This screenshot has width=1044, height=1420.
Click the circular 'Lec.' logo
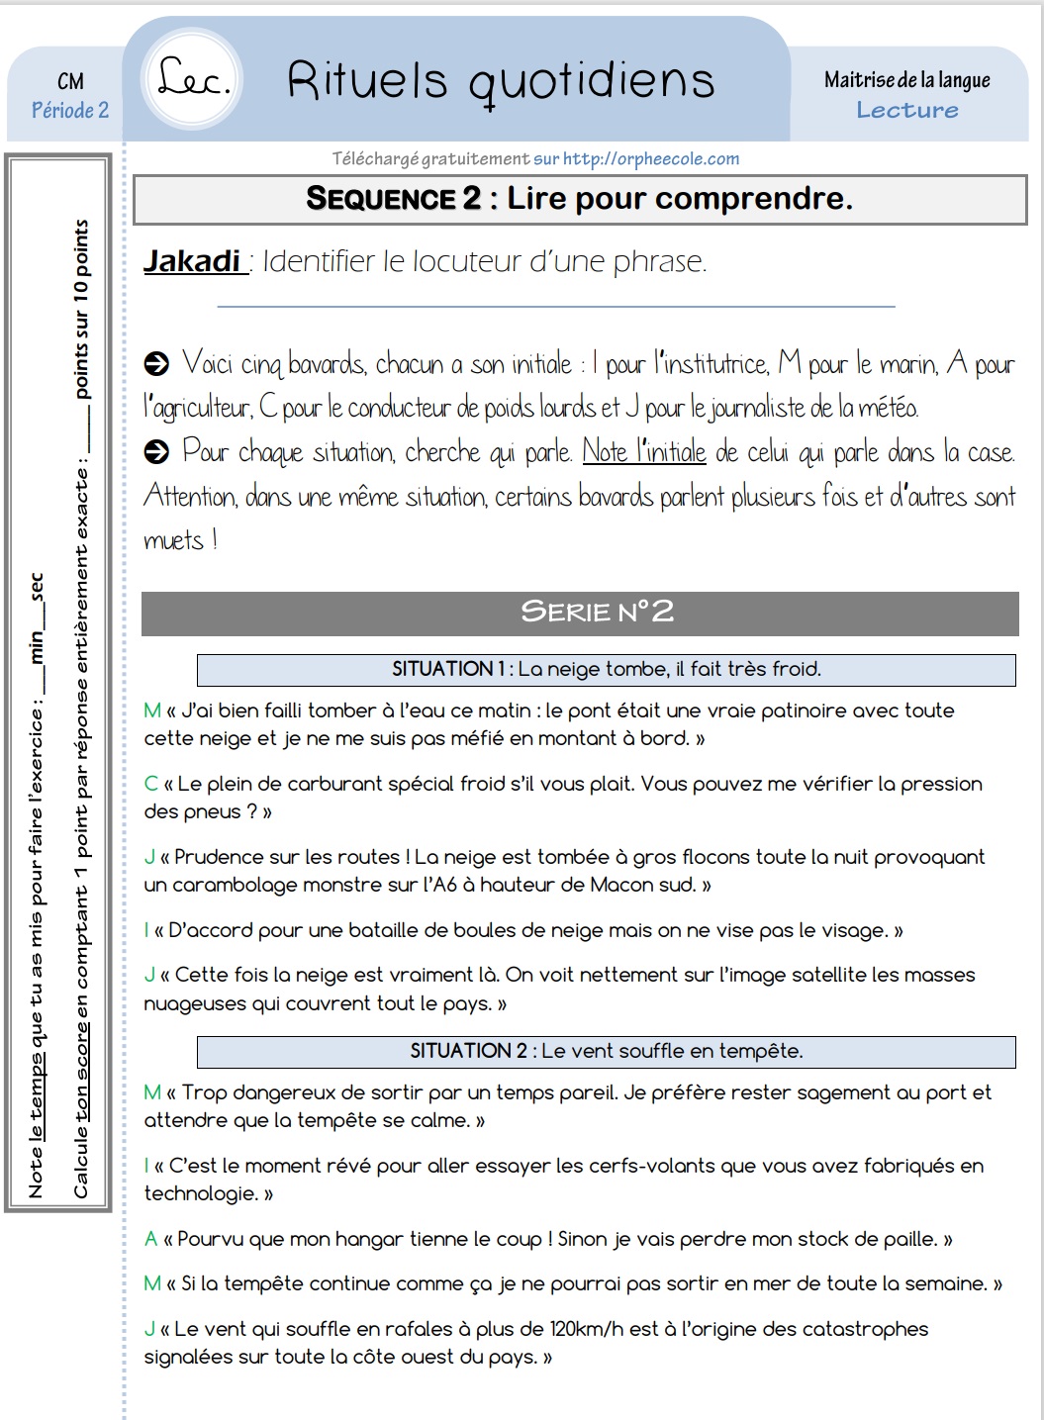coord(194,79)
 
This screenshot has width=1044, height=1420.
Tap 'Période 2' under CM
coord(70,110)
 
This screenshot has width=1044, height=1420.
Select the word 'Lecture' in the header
coord(906,110)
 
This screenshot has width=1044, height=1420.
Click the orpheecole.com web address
coord(650,158)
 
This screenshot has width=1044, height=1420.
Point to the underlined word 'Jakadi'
coord(193,260)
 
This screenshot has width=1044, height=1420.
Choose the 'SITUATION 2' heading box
coord(606,1051)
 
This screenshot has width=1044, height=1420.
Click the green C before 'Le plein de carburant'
coord(150,784)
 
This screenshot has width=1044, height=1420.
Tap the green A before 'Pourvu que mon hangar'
coord(150,1239)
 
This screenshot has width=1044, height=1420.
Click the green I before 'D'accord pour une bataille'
coord(146,930)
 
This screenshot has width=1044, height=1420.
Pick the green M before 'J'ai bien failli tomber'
coord(152,710)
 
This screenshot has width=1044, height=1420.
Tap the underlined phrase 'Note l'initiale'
coord(643,452)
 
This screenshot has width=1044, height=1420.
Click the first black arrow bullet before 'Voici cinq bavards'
coord(156,365)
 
